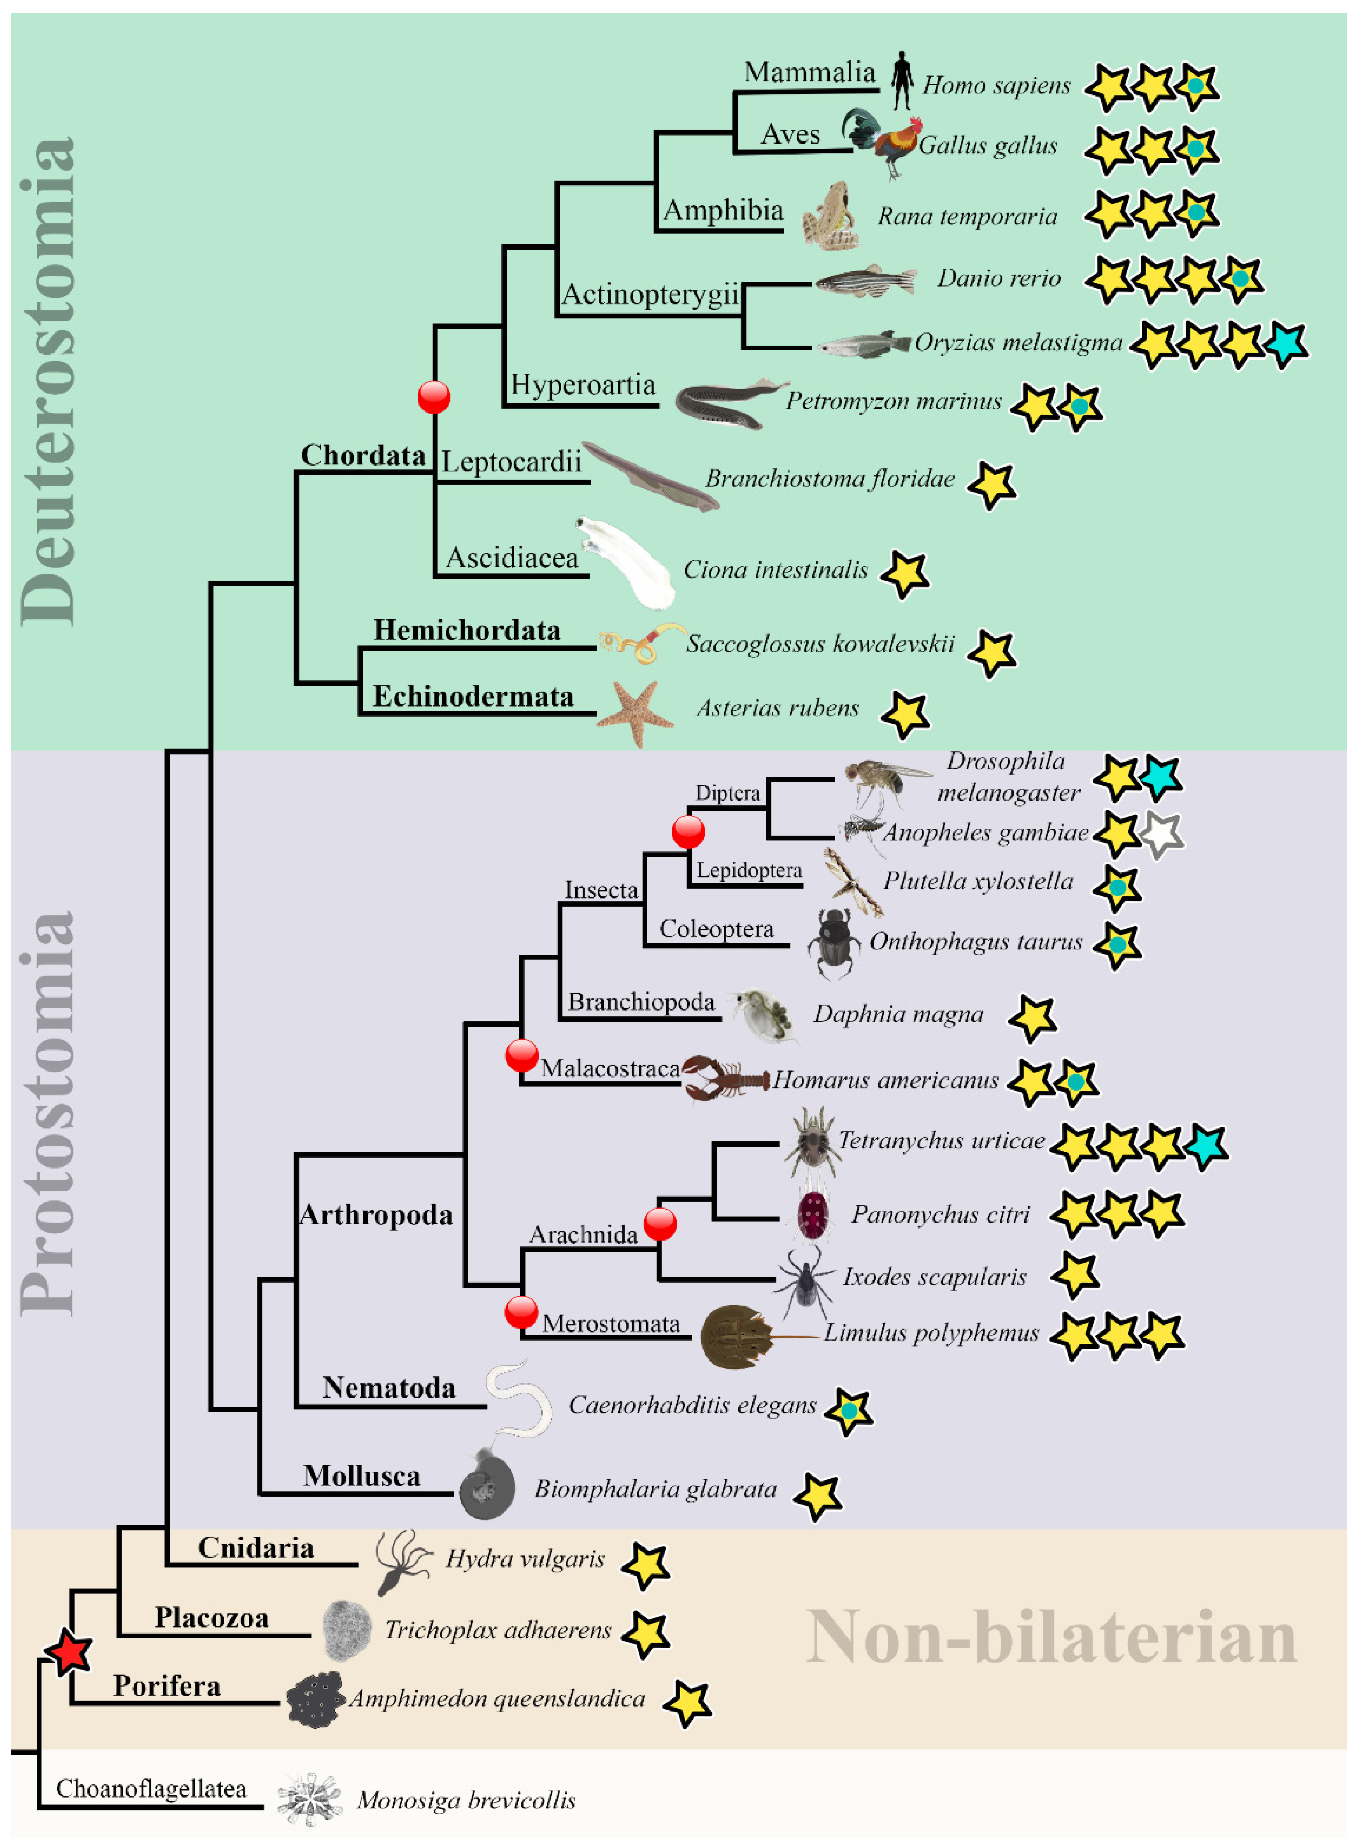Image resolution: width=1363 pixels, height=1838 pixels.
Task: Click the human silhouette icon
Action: (x=902, y=81)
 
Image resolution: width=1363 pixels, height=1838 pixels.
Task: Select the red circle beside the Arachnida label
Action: (x=660, y=1224)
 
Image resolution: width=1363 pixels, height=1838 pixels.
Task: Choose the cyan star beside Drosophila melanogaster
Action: (x=1161, y=777)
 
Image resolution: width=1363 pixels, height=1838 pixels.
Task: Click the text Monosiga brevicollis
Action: (x=466, y=1799)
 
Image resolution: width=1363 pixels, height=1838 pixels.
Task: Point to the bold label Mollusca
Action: (x=362, y=1475)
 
